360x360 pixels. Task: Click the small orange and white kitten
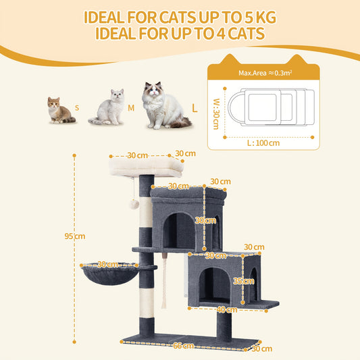tap(61, 111)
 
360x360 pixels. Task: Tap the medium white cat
tap(108, 107)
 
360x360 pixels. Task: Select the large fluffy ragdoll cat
tap(164, 105)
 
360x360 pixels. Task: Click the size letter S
tap(77, 108)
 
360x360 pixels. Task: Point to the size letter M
tap(131, 108)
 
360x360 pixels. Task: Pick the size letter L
tap(195, 108)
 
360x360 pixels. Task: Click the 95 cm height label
tap(75, 236)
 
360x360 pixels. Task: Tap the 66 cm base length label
tap(183, 346)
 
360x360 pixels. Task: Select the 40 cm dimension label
tap(227, 310)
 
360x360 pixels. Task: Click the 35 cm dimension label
tap(244, 281)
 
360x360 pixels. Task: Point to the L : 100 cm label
tap(263, 143)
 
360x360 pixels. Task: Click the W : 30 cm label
tap(216, 114)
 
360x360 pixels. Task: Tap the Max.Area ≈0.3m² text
tap(265, 73)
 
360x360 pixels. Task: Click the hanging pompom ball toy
tap(134, 204)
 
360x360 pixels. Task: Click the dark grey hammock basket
tap(109, 274)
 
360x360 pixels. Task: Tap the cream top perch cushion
tap(147, 166)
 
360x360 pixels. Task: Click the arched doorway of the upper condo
tap(179, 230)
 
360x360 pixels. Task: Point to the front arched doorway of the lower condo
tap(214, 284)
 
